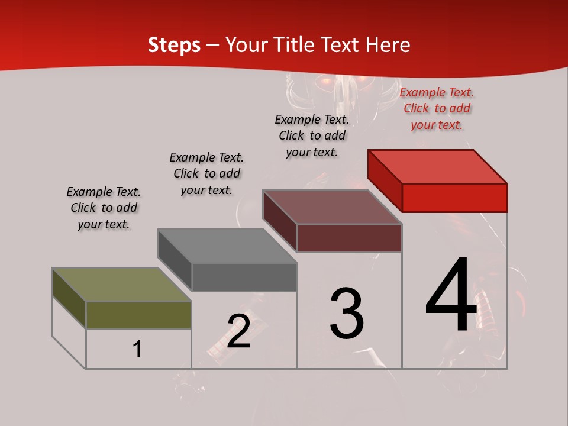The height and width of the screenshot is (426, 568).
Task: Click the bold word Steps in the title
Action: [x=174, y=45]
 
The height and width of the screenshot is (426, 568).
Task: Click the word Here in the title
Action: [x=388, y=45]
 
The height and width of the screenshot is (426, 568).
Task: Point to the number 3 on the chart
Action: [x=347, y=314]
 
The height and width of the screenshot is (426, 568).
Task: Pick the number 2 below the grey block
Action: [x=238, y=331]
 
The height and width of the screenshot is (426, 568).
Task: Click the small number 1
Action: [x=137, y=349]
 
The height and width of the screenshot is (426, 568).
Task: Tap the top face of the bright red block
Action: [x=438, y=166]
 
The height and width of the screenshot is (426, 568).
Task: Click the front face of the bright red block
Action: [x=454, y=198]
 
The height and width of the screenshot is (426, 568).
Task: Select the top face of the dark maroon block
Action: [x=333, y=207]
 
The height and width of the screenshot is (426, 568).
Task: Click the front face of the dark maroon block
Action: [x=349, y=238]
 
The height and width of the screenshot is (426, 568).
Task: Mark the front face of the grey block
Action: [x=244, y=277]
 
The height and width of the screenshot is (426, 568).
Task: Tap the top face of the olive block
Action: [x=122, y=285]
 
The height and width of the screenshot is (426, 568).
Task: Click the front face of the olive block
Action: [x=138, y=315]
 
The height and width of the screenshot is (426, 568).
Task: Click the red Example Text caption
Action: [x=437, y=109]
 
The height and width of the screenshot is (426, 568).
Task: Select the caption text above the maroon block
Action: [x=312, y=135]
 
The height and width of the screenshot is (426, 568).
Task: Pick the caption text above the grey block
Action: [x=206, y=173]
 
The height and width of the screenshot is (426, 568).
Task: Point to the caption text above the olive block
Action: [x=104, y=208]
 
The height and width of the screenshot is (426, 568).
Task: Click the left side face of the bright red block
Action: [x=385, y=180]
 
